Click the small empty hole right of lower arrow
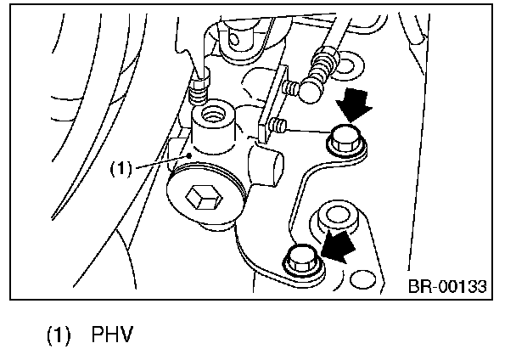pyautogui.click(x=367, y=277)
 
